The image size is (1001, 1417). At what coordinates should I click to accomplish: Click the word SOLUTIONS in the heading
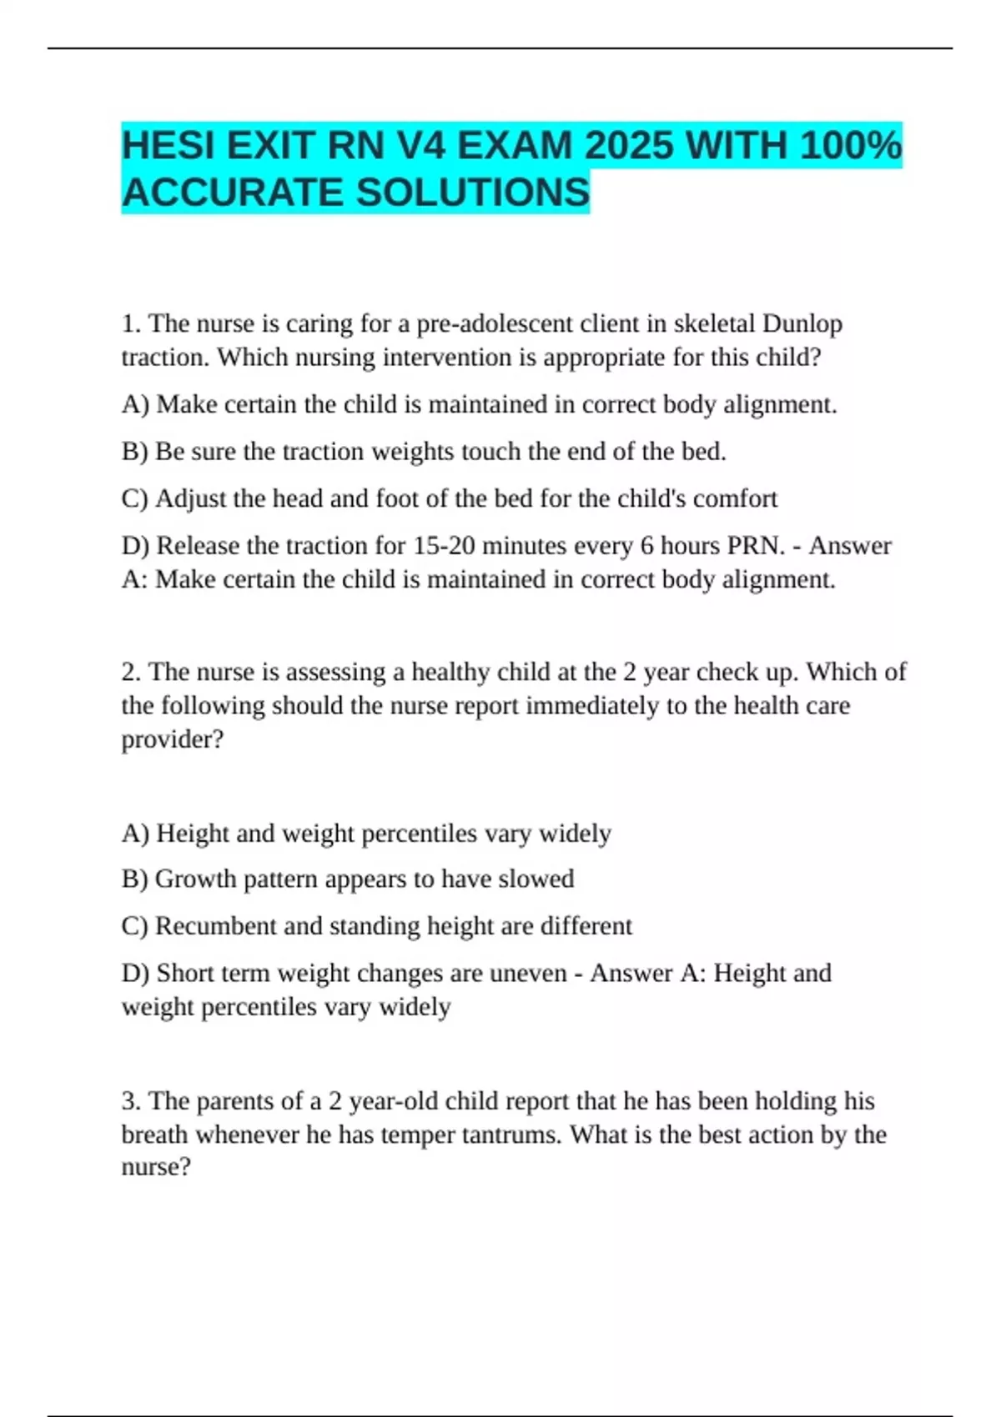[x=473, y=193]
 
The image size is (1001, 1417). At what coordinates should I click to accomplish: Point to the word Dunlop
[x=802, y=323]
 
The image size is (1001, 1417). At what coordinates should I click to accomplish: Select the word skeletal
[x=712, y=323]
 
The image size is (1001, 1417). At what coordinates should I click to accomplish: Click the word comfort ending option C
[x=735, y=498]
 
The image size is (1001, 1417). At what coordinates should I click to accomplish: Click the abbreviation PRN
[x=756, y=546]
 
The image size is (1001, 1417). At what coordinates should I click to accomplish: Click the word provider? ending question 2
[x=173, y=739]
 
